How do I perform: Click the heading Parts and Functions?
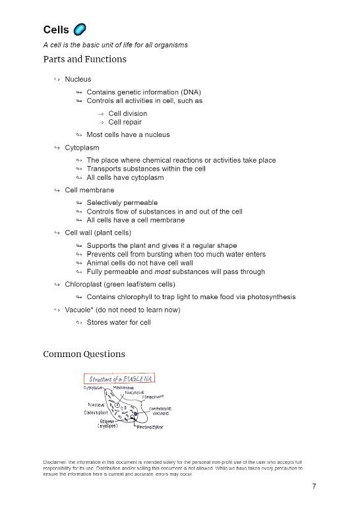84,59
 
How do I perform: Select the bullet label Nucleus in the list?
78,79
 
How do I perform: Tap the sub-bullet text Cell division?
128,113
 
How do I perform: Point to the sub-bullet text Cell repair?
125,122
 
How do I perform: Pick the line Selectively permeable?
122,202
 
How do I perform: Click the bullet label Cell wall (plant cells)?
98,233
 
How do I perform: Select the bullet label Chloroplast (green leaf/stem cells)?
119,284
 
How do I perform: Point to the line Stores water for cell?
119,322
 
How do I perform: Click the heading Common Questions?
84,354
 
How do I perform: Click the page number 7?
315,486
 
